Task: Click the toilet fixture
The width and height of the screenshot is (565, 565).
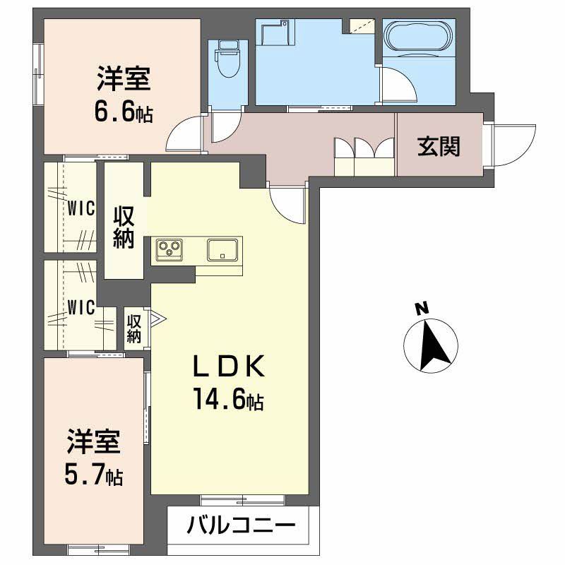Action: click(227, 59)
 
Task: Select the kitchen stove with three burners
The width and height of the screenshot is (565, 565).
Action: click(169, 249)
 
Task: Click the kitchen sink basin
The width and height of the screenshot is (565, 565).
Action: click(222, 250)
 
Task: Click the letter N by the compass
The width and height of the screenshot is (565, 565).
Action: click(422, 308)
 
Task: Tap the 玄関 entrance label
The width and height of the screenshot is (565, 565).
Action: click(439, 146)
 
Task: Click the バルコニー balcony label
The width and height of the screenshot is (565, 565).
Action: click(240, 526)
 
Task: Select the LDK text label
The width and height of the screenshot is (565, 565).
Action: click(230, 367)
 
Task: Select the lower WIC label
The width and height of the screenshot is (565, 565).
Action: click(81, 307)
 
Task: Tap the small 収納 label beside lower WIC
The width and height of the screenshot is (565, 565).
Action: click(134, 328)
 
